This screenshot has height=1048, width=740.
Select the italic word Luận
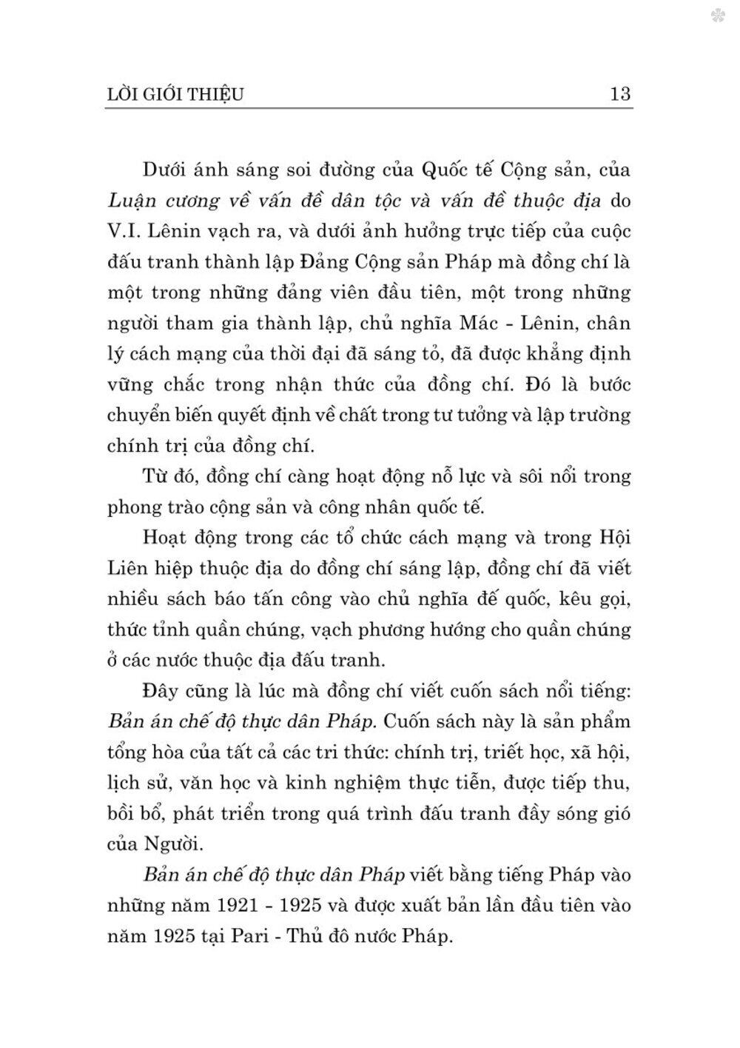[x=131, y=201]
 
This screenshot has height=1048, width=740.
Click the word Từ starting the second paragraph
[x=156, y=476]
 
